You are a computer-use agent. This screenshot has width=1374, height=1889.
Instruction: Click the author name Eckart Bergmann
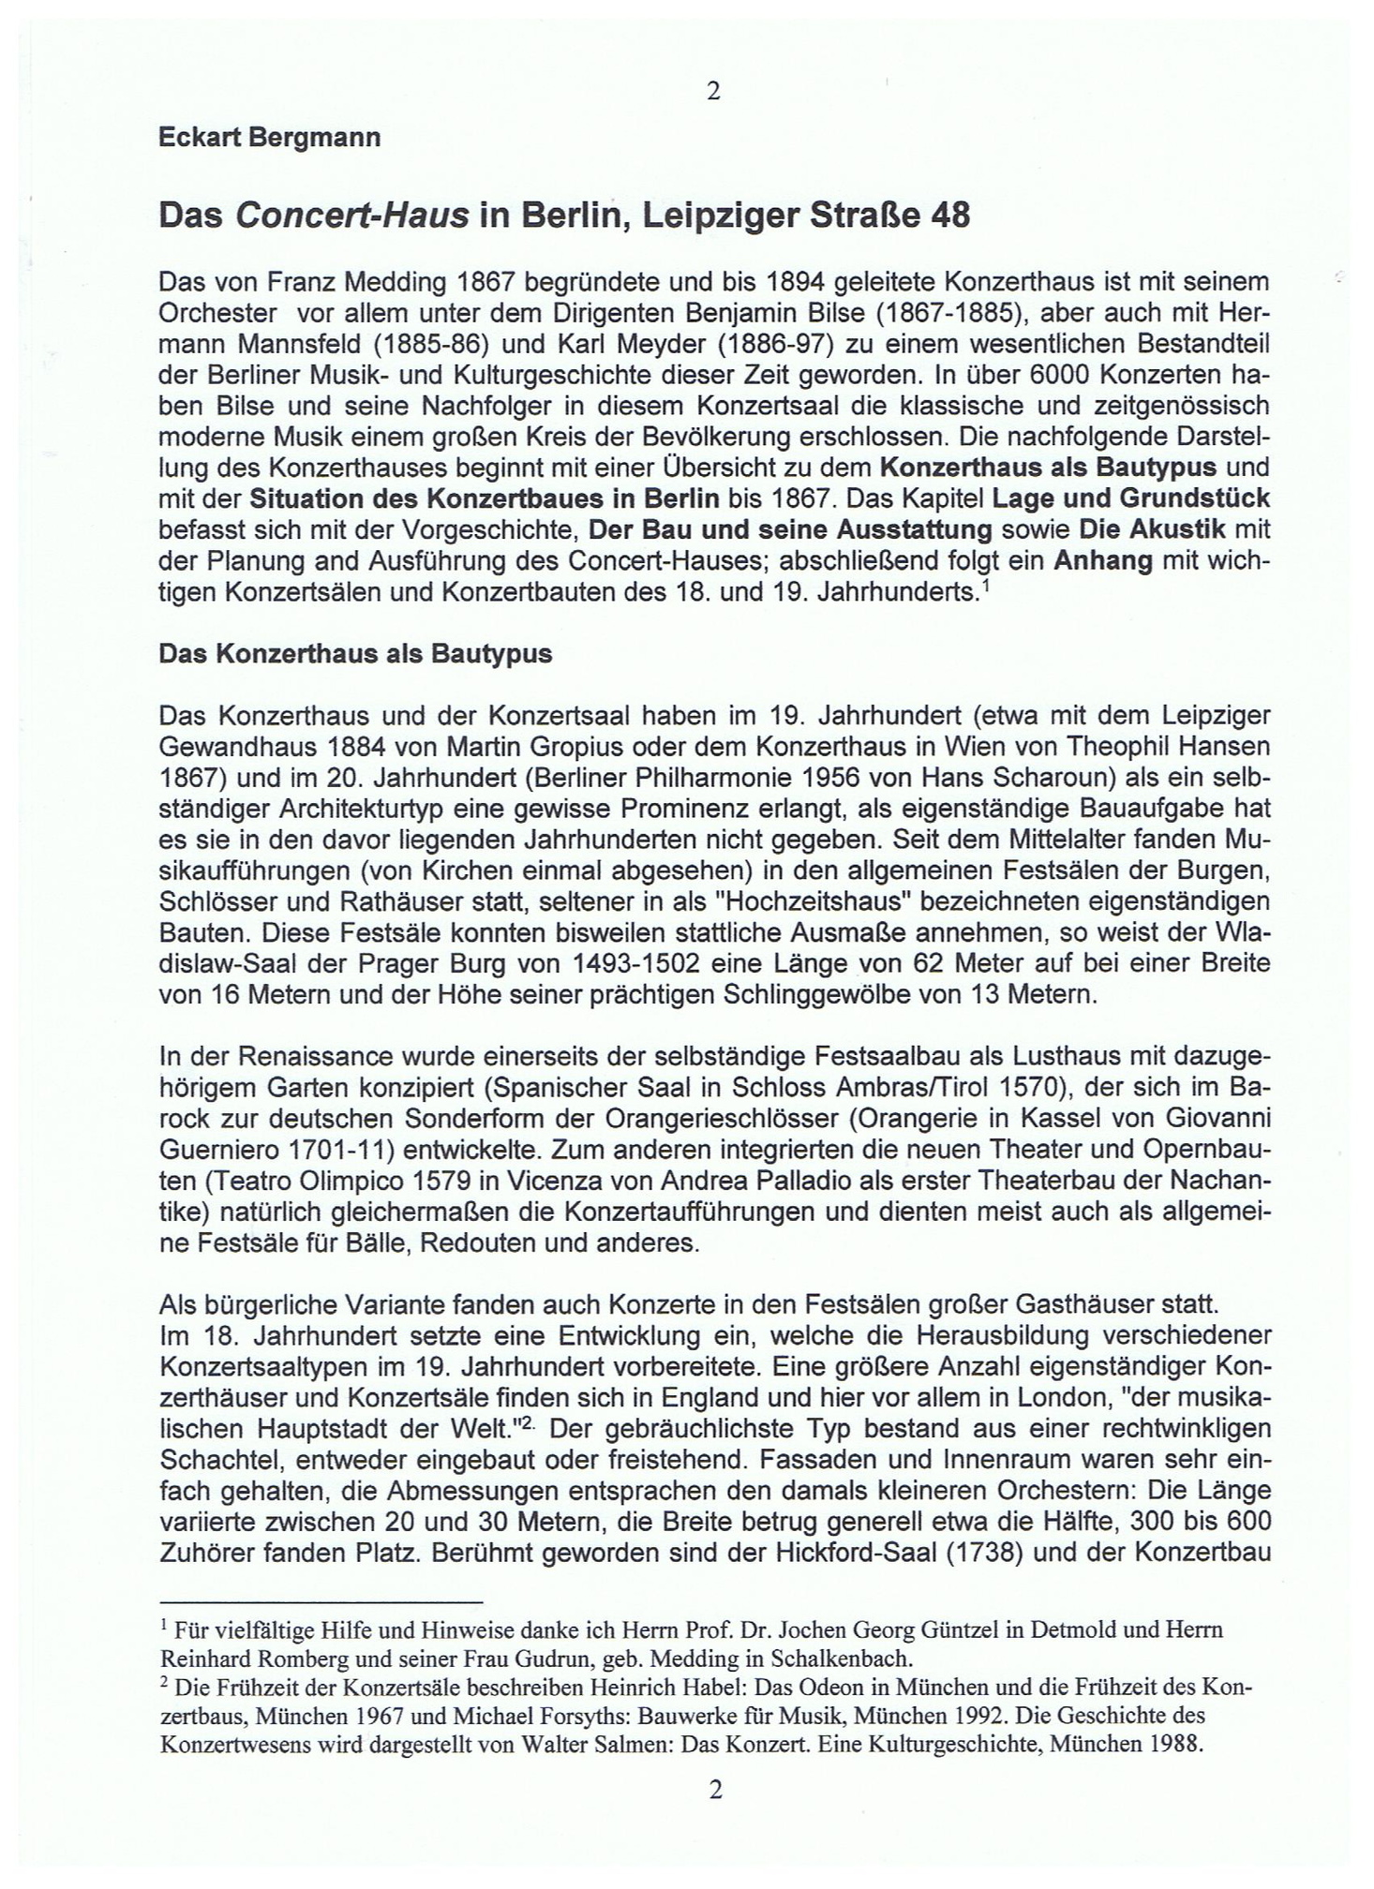click(x=270, y=138)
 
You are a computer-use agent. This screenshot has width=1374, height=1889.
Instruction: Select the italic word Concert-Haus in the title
click(x=351, y=216)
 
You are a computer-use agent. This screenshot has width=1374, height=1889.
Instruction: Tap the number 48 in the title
click(x=949, y=216)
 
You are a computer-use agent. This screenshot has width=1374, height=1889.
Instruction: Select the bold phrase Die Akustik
click(x=1152, y=529)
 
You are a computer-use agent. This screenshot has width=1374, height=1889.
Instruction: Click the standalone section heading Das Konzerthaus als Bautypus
click(x=355, y=654)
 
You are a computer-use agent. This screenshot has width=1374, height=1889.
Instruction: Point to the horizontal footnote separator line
click(x=321, y=1601)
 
